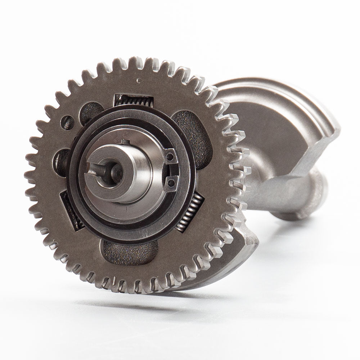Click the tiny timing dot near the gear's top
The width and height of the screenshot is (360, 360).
click(x=139, y=80)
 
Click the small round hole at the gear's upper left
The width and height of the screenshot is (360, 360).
click(x=67, y=122)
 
